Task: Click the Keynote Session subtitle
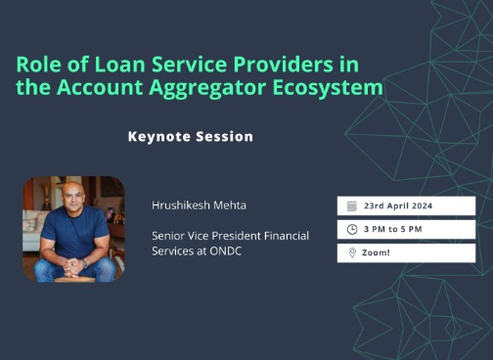(191, 136)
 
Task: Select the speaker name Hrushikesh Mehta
(200, 205)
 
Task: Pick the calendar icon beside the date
(351, 205)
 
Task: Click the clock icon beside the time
(351, 230)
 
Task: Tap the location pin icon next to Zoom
(351, 253)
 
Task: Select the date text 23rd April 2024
(397, 205)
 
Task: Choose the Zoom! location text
(376, 253)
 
